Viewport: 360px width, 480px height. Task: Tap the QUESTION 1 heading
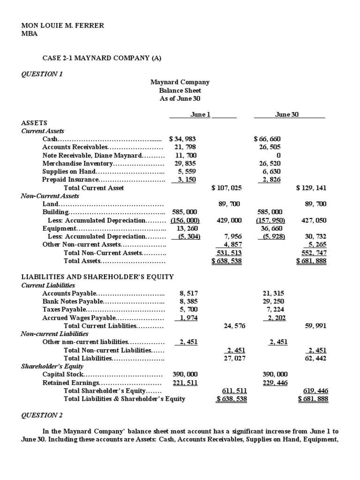point(42,74)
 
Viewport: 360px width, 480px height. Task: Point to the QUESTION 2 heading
point(42,415)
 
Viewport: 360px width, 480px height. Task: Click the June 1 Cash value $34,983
point(182,139)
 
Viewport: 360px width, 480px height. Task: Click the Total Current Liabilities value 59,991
point(315,325)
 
